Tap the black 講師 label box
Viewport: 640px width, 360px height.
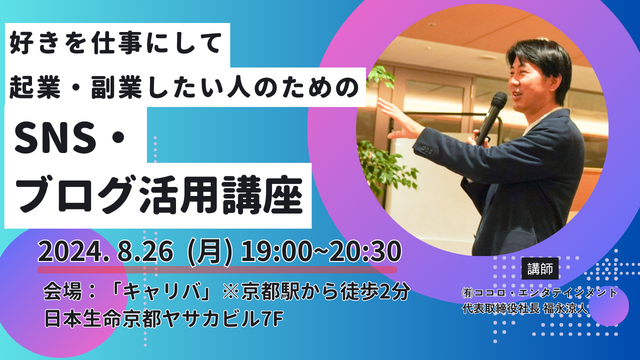540,268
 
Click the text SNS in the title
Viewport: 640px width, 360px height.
55,137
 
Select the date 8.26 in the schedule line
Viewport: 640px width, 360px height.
145,251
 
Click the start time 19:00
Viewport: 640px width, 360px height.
275,251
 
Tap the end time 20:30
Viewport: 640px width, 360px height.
365,251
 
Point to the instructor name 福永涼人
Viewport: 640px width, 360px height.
565,309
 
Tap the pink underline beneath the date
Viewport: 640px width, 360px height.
217,269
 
